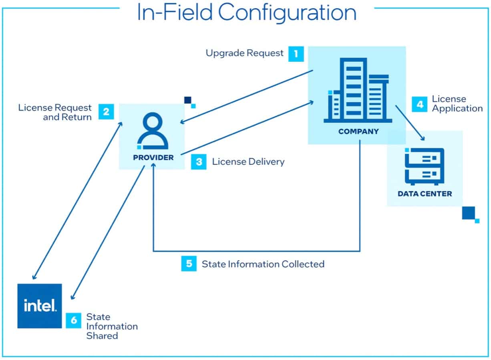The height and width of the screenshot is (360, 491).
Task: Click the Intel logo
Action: pos(40,306)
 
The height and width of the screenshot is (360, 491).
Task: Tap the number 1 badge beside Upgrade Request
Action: pos(296,53)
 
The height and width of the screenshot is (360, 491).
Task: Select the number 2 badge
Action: pos(106,111)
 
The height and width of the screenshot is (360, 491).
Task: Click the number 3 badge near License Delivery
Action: pos(199,162)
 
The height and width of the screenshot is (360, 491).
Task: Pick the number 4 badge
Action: pos(420,104)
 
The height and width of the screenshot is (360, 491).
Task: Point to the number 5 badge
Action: pos(189,263)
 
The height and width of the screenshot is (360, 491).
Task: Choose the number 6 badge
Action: pos(74,320)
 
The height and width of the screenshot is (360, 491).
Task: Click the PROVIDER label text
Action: pos(153,158)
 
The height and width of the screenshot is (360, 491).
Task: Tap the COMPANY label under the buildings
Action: pos(358,131)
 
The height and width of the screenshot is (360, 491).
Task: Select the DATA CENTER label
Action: pos(425,194)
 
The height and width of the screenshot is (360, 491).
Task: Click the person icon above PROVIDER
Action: pos(153,131)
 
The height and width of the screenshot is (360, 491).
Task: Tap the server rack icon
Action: pos(425,166)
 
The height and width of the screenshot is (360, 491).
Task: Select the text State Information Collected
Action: pos(263,264)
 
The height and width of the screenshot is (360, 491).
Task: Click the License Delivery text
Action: pos(248,162)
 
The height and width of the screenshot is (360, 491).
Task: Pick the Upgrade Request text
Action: pos(244,53)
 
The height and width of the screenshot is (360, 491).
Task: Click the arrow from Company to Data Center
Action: pos(410,123)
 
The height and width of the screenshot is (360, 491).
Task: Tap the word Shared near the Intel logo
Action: pos(102,336)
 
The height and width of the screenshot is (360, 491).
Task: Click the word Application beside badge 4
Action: pos(457,108)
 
